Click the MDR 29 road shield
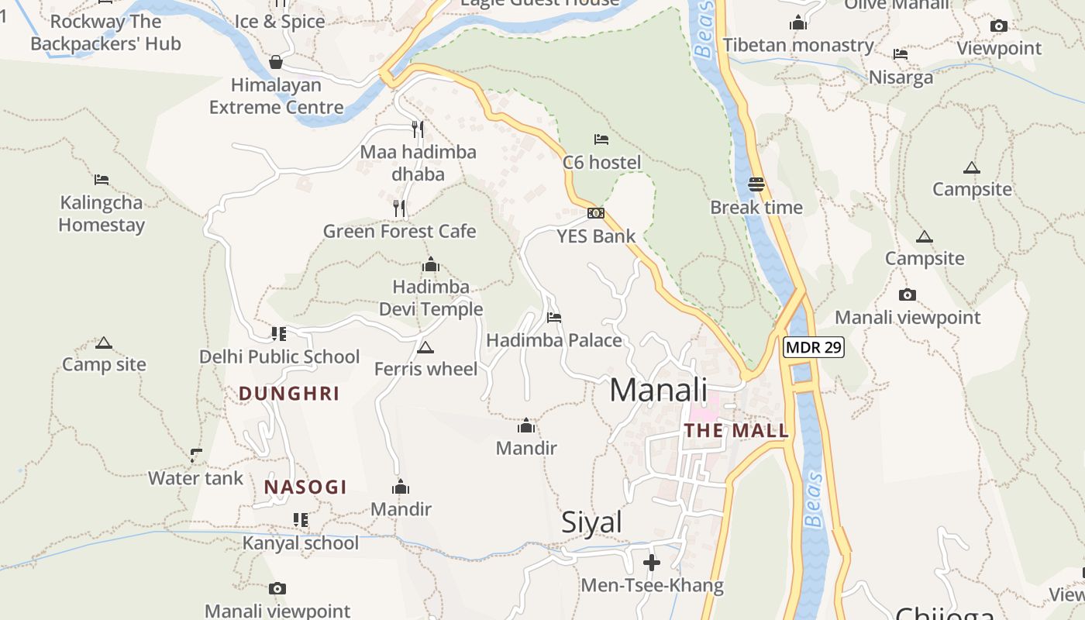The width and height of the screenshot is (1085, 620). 812,347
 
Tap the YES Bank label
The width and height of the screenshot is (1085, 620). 596,236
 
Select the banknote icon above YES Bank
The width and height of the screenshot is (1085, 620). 596,213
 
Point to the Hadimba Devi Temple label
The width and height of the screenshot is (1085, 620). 431,298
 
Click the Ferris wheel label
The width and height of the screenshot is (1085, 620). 425,369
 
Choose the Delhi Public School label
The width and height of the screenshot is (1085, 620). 280,357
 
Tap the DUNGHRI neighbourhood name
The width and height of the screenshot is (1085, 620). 289,394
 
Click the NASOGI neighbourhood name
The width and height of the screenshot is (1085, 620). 305,487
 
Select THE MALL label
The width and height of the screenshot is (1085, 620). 736,431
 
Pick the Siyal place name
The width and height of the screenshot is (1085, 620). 591,522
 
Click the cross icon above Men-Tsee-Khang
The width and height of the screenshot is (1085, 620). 652,562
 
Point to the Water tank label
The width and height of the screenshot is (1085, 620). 195,478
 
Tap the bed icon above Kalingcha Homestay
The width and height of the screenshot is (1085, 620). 102,180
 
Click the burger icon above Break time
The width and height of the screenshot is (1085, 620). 756,184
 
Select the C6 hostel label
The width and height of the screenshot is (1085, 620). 601,163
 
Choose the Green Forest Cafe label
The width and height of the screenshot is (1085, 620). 399,232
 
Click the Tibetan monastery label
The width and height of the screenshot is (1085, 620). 798,46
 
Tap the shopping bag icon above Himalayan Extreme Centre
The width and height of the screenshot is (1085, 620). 276,62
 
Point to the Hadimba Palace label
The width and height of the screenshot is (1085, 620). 553,341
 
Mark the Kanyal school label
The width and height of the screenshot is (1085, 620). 301,543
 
